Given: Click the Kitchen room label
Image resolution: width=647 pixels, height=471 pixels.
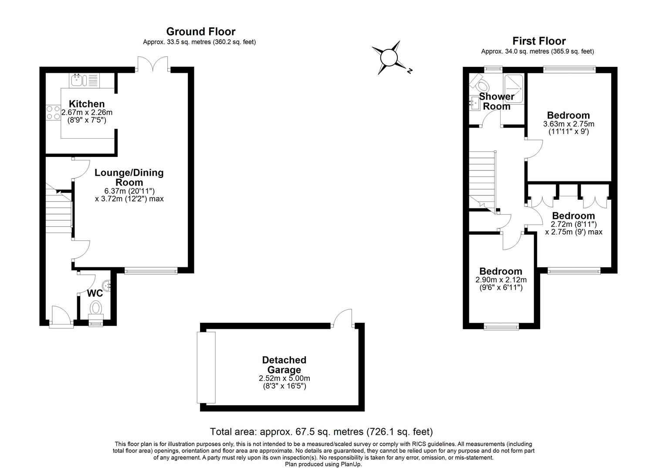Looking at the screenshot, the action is tap(87, 104).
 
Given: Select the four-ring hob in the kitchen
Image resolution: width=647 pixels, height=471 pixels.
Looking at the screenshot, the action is tap(53, 113).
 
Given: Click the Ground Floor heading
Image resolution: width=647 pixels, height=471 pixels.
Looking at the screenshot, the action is tap(201, 31).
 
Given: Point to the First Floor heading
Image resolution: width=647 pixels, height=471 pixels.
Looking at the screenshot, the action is tap(539, 41).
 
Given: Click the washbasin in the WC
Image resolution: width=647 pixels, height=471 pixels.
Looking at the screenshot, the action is tap(107, 285).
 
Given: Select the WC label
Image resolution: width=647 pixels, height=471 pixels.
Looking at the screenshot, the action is tap(95, 293).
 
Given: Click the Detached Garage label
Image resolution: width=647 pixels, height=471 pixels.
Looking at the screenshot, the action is tap(284, 365).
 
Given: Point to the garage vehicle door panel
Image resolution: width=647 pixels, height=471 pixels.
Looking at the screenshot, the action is tap(206, 368).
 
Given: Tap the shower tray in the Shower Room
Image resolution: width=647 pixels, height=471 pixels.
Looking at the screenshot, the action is tap(514, 89).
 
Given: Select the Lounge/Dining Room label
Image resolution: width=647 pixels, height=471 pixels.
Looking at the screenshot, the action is tap(129, 177).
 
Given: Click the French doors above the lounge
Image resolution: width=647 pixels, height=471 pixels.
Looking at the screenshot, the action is tap(152, 64).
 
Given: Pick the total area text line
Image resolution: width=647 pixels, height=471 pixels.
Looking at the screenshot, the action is tap(321, 432).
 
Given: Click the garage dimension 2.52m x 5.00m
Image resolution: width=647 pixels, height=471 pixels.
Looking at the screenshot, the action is tap(285, 378).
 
